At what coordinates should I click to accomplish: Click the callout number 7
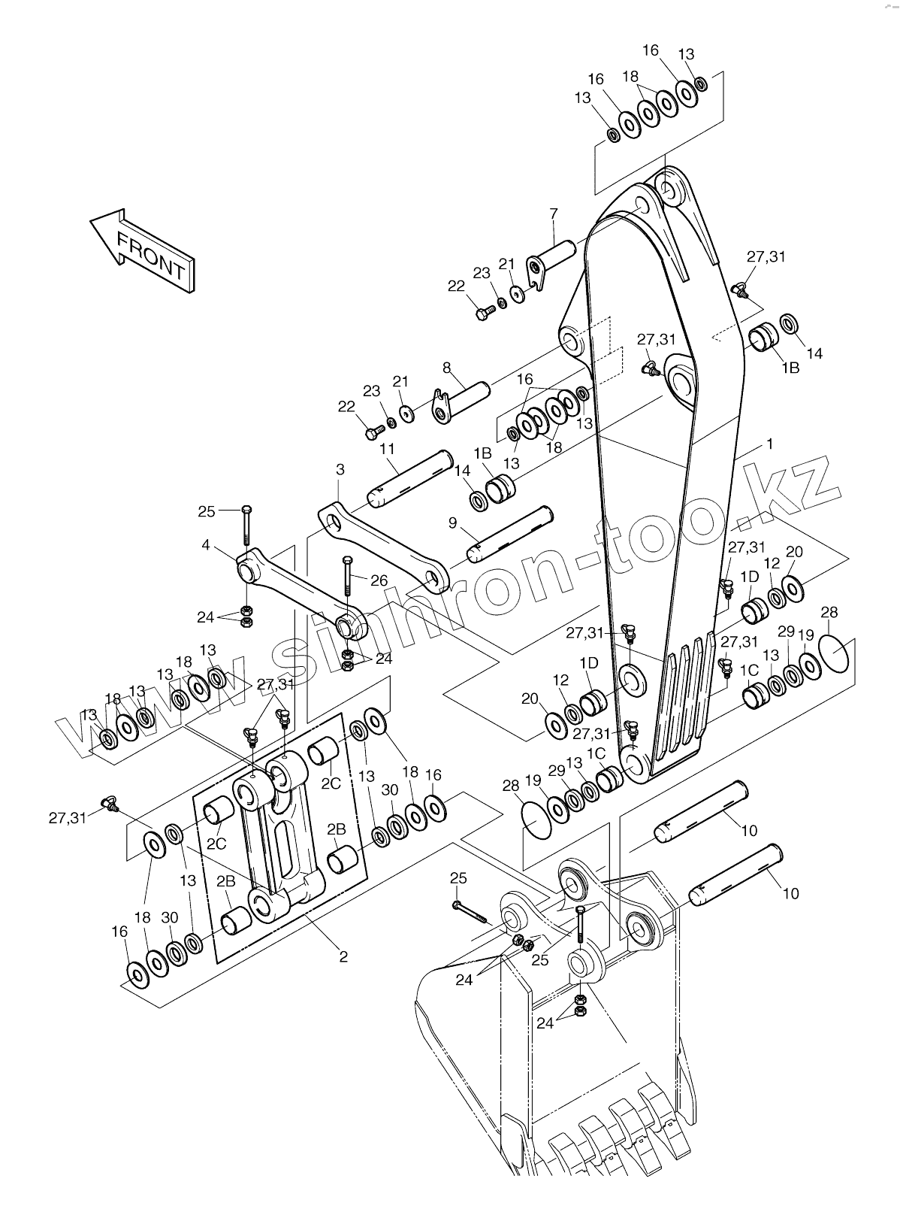tap(553, 214)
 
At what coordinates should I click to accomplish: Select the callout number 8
tap(447, 368)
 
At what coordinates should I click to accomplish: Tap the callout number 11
tap(387, 449)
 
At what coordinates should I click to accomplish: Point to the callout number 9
tap(452, 523)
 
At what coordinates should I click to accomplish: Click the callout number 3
tap(340, 469)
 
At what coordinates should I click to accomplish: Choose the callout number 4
tap(205, 545)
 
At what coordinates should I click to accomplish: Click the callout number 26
tap(379, 581)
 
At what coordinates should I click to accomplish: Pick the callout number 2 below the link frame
tap(343, 957)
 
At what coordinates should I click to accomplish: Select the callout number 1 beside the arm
tap(770, 445)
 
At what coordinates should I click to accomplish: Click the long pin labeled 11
tap(410, 479)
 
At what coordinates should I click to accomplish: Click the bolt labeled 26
tap(348, 576)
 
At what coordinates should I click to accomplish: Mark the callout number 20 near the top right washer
tap(794, 552)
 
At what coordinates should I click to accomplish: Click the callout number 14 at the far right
tap(814, 353)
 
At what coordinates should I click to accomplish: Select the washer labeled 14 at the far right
tap(789, 324)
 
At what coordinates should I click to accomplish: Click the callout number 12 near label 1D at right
tap(772, 563)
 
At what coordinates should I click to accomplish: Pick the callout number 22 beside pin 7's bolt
tap(456, 286)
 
